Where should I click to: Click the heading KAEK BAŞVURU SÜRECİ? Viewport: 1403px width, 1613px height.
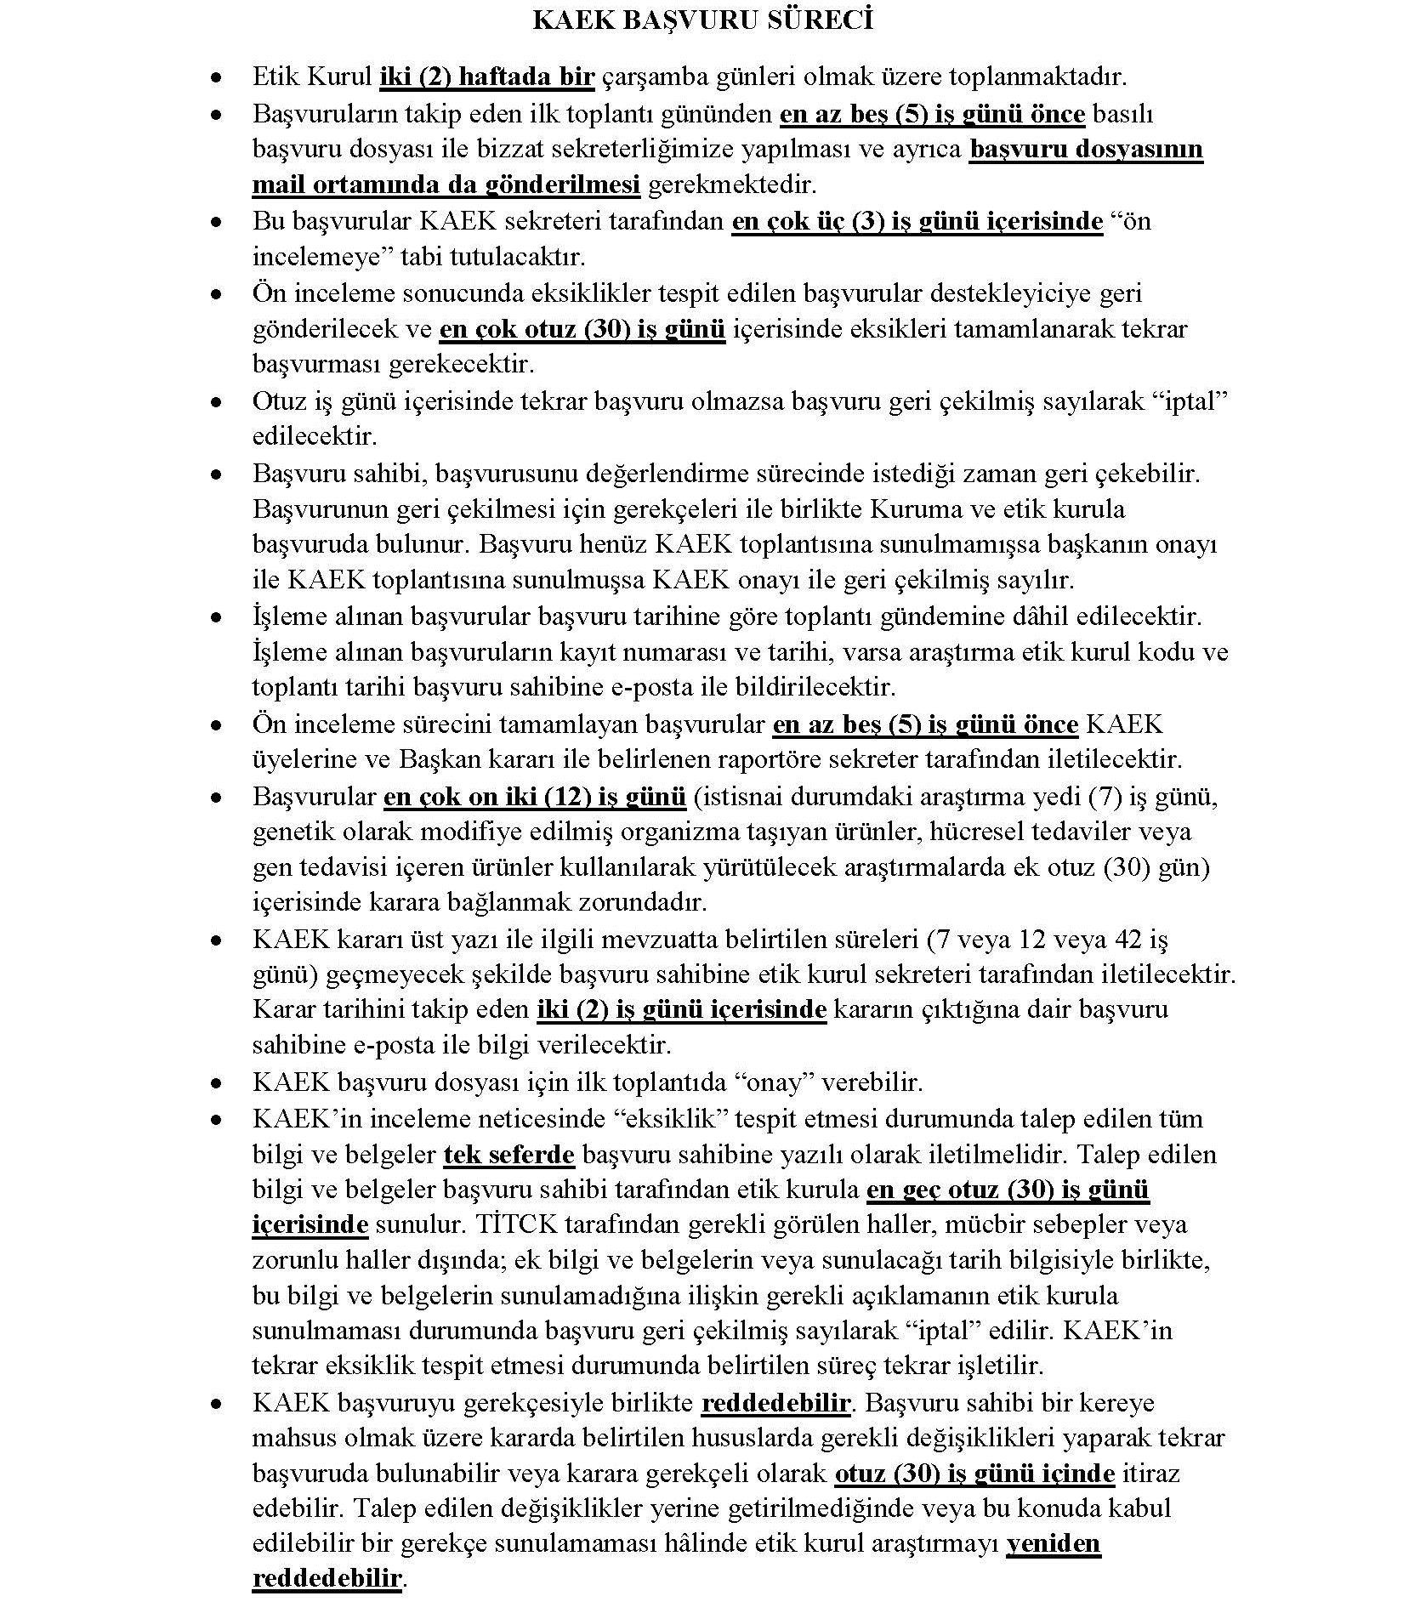702,20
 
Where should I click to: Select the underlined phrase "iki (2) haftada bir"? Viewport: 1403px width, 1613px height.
486,77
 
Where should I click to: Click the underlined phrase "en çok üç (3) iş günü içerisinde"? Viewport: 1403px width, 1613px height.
917,221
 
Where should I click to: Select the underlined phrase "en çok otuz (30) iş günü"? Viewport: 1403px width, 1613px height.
582,329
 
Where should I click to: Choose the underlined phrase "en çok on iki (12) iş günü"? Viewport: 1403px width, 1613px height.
535,797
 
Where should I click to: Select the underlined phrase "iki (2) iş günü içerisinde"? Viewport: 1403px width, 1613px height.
681,1009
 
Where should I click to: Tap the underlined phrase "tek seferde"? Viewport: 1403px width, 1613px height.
509,1155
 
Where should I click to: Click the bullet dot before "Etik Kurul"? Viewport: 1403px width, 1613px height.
219,77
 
